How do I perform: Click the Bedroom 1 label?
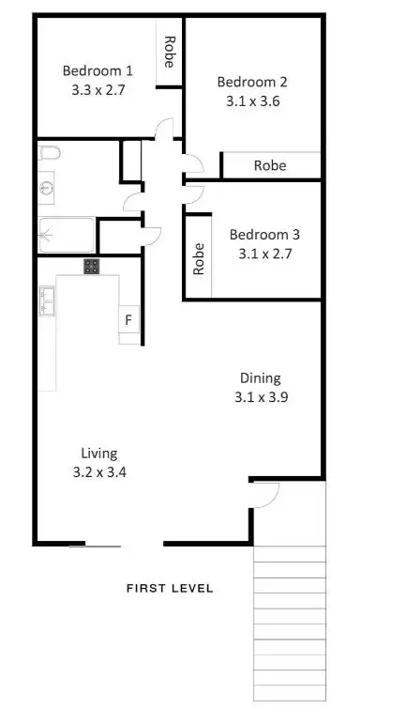[x=98, y=69]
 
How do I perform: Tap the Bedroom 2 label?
[x=251, y=81]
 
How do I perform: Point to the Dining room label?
[x=260, y=378]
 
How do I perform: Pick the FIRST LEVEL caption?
[x=170, y=589]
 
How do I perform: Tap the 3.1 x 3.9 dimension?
[x=260, y=396]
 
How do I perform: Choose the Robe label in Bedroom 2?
[x=271, y=165]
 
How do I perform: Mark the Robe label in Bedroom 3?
[x=199, y=258]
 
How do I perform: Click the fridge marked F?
[x=128, y=320]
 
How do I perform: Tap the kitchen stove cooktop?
[x=91, y=266]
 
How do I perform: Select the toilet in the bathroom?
[x=51, y=153]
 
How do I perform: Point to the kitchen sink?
[x=48, y=300]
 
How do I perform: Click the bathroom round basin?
[x=46, y=189]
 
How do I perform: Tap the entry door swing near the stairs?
[x=267, y=494]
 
